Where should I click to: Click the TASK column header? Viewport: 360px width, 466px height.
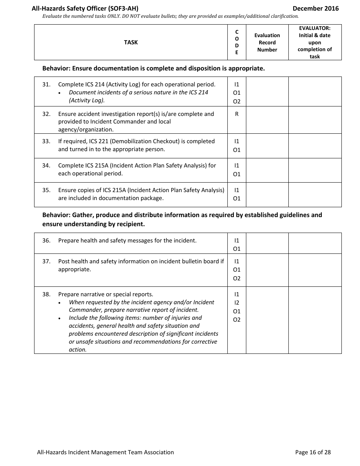tap(131, 42)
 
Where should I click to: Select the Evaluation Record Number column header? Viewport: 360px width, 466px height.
tap(267, 42)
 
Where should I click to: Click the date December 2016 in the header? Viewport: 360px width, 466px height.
tap(316, 8)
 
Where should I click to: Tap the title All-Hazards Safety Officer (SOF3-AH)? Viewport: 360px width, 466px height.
tap(85, 8)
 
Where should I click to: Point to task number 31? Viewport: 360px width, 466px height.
tap(46, 84)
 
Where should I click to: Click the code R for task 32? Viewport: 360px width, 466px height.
tap(237, 114)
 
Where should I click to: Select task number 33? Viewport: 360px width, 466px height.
tap(46, 141)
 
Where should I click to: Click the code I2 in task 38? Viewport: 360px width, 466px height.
tap(237, 303)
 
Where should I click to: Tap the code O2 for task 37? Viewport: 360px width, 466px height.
tap(237, 278)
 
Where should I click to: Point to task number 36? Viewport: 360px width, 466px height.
tap(46, 241)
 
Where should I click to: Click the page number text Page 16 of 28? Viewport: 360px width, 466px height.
tap(313, 452)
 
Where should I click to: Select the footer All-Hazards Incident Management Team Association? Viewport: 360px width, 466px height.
tap(105, 452)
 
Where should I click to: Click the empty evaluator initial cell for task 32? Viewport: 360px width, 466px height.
tap(315, 120)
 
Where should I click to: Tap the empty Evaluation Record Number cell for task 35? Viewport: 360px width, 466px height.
tap(267, 195)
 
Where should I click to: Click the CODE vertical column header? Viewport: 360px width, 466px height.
tap(237, 42)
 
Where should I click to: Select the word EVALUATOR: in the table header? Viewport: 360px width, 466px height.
tap(315, 28)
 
